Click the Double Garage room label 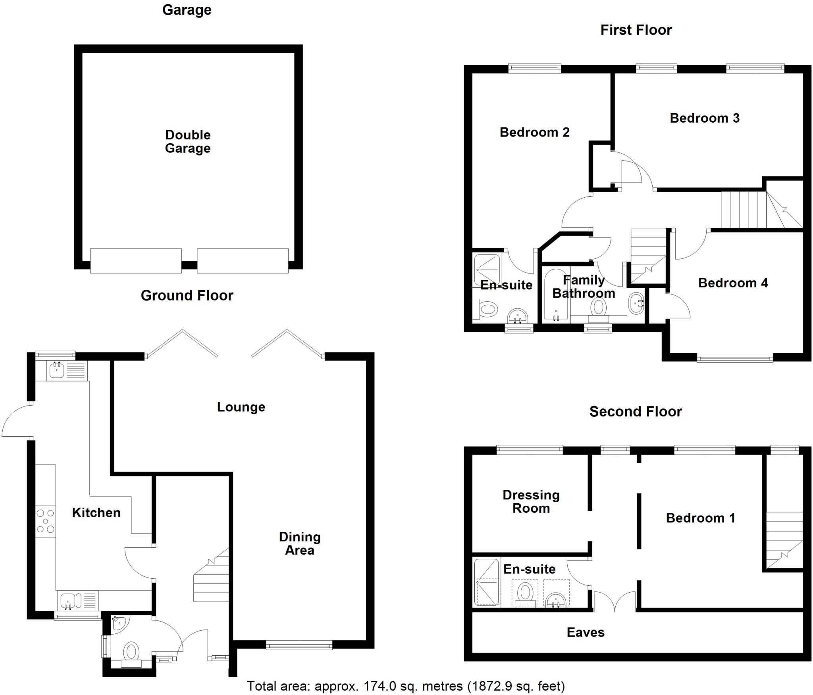188,141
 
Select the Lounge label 241,407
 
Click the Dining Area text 300,543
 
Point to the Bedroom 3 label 705,118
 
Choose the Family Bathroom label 584,287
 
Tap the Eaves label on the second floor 586,632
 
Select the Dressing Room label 531,501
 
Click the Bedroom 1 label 701,518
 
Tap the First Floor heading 636,30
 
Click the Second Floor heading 636,412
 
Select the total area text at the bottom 406,686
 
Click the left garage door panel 136,261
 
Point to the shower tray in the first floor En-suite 487,270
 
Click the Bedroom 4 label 733,283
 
